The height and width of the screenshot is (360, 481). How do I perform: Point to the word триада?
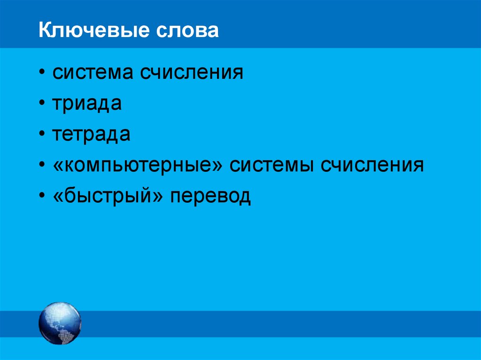pos(87,104)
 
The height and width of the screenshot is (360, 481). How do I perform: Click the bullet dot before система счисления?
pos(43,74)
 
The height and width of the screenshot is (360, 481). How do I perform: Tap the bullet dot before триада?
pos(43,105)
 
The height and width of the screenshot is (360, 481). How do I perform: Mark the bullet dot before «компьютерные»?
pos(43,166)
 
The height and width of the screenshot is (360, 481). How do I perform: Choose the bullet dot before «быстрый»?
pos(43,197)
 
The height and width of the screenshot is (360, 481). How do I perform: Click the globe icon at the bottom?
pos(60,323)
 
